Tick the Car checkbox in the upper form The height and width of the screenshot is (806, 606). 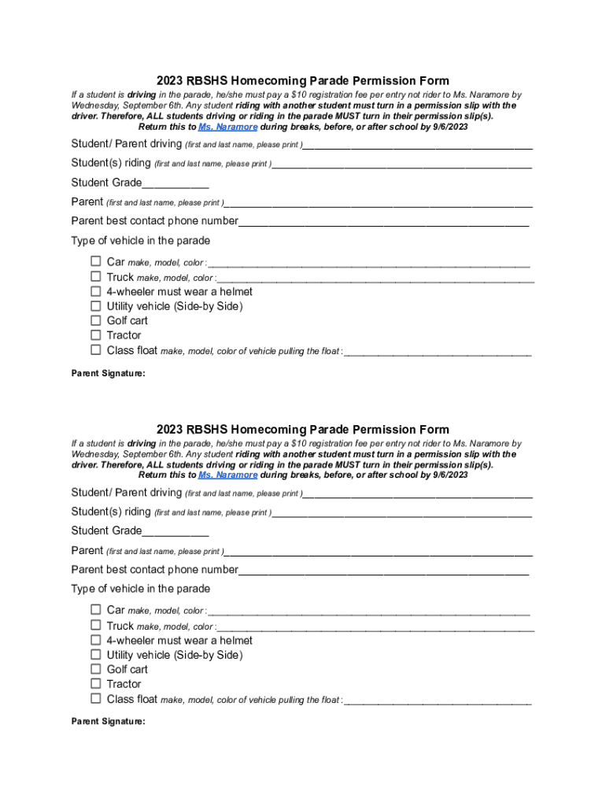95,261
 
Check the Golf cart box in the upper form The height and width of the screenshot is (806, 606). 95,320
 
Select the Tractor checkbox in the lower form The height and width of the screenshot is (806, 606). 95,684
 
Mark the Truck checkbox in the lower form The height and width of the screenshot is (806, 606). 95,626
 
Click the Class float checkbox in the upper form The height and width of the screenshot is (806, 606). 95,349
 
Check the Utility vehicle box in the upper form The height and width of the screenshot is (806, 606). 95,306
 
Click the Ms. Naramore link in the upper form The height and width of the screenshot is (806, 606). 227,127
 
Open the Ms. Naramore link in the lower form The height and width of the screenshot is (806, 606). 227,475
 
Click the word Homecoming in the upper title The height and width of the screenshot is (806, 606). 268,80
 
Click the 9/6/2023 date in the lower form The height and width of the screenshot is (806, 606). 449,475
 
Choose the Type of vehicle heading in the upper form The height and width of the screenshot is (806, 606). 141,241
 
